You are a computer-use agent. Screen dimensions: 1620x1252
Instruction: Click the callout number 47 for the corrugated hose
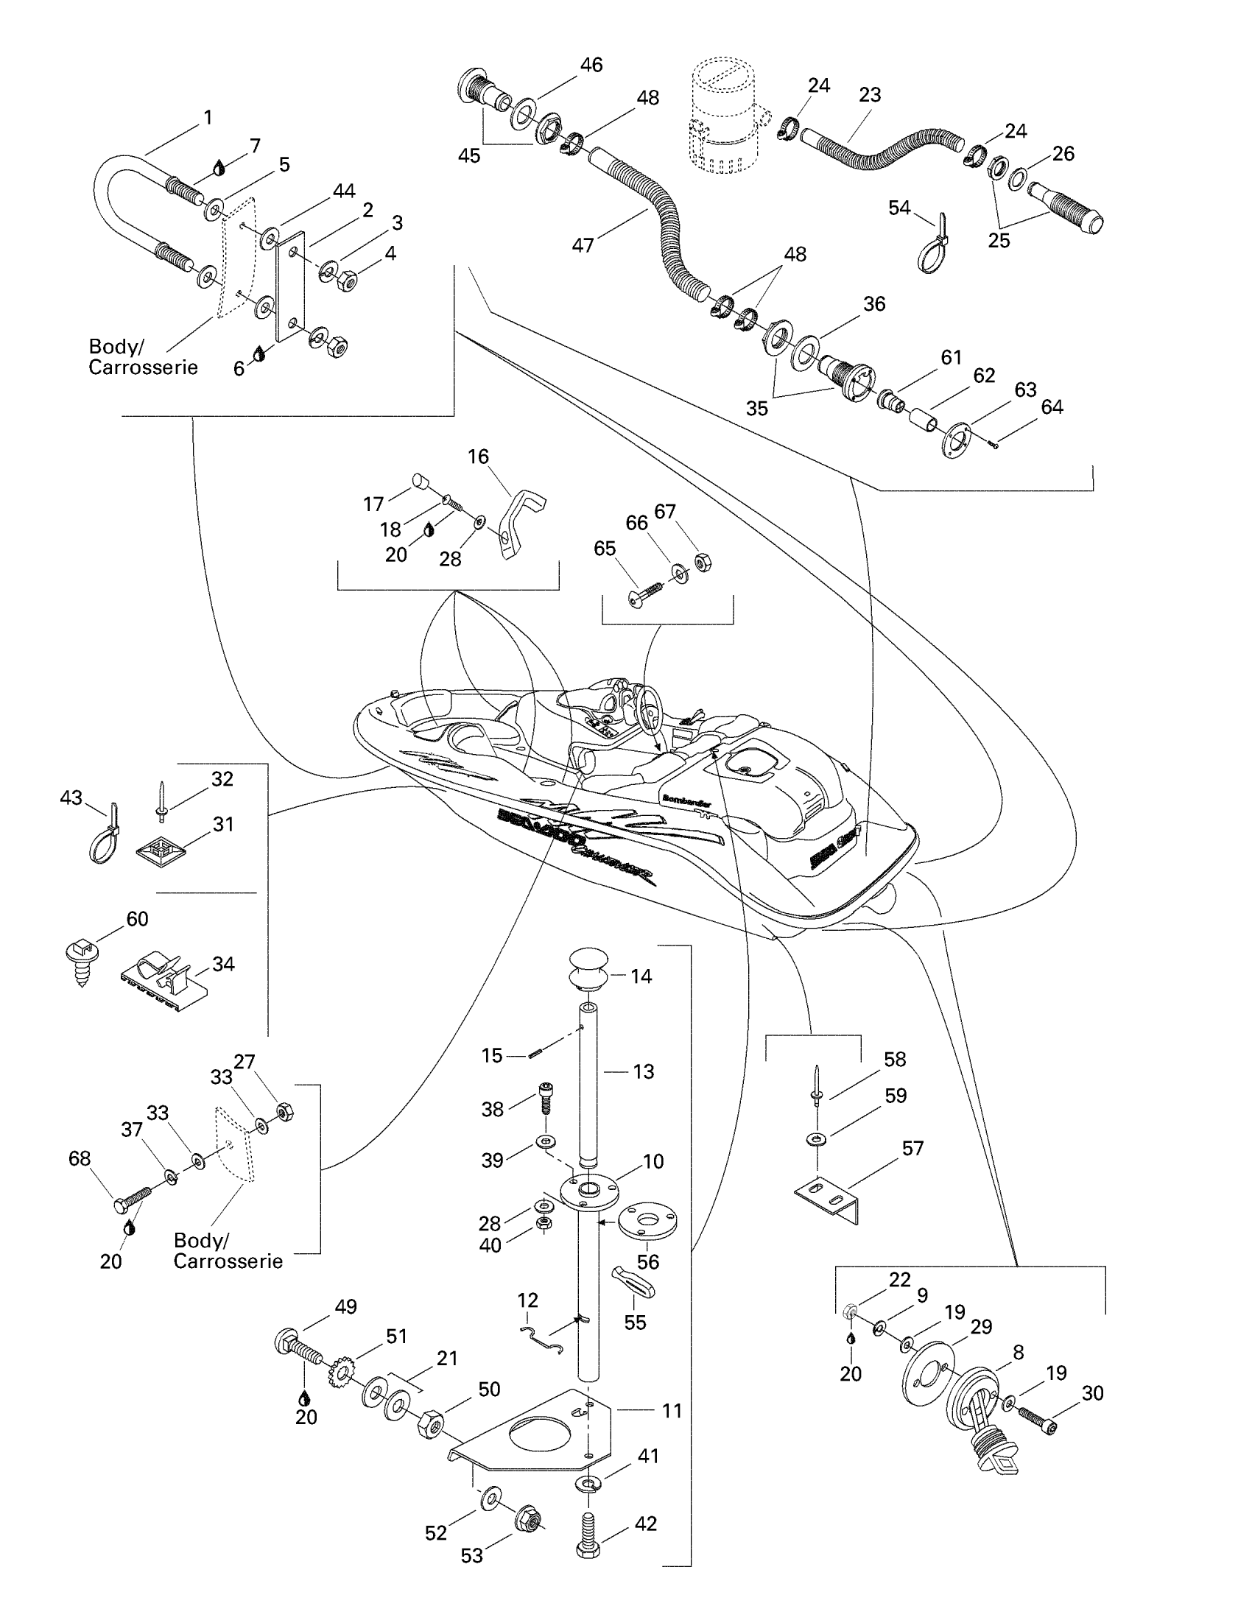coord(583,244)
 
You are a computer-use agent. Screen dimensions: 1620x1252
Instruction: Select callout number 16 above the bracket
coord(479,457)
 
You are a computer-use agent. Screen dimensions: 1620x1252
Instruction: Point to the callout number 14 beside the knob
coord(641,976)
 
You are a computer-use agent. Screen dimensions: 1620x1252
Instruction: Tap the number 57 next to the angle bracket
coord(912,1148)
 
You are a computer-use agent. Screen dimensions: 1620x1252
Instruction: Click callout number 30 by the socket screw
coord(1092,1393)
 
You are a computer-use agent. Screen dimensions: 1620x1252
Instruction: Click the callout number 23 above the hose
coord(869,95)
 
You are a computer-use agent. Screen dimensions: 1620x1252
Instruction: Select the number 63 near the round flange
coord(1025,390)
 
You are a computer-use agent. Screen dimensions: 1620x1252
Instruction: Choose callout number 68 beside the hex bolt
coord(80,1158)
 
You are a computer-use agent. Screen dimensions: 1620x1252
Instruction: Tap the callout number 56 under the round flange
coord(647,1261)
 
